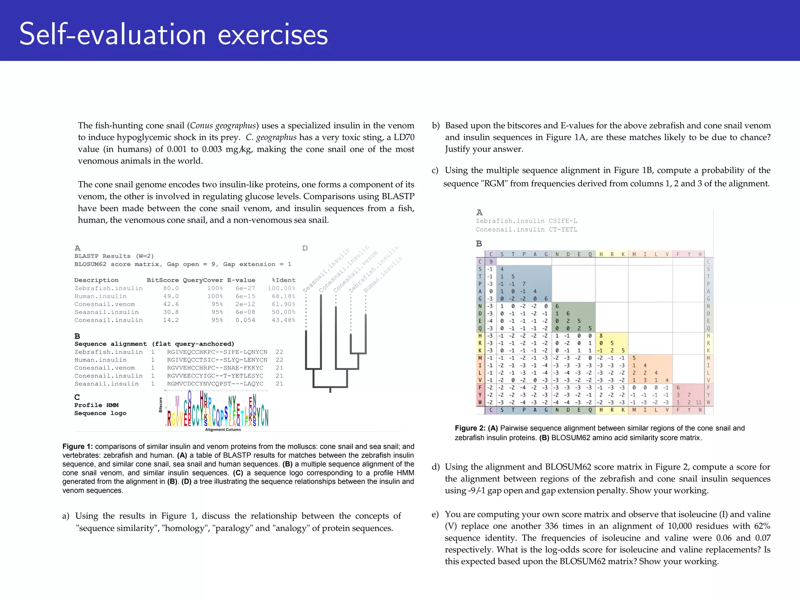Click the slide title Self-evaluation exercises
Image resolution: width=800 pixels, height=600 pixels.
coord(173,34)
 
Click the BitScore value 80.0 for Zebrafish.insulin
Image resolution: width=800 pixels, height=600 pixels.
coord(171,288)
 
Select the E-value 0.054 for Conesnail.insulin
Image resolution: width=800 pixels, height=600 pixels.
coord(245,320)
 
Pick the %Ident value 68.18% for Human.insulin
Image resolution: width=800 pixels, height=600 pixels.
coord(283,296)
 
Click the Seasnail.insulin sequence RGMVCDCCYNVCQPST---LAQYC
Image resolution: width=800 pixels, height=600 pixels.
coord(215,384)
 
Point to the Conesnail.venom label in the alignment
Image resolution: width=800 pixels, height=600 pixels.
coord(104,368)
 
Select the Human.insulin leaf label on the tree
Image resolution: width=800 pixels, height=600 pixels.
coord(382,275)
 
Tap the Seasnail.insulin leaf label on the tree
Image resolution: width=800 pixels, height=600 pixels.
coord(326,270)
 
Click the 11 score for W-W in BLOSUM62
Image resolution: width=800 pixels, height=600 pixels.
coord(698,402)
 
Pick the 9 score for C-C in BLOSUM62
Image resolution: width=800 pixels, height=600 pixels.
coord(491,262)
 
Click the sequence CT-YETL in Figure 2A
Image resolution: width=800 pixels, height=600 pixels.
coord(562,230)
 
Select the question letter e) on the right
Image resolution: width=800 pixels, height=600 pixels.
coord(435,514)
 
